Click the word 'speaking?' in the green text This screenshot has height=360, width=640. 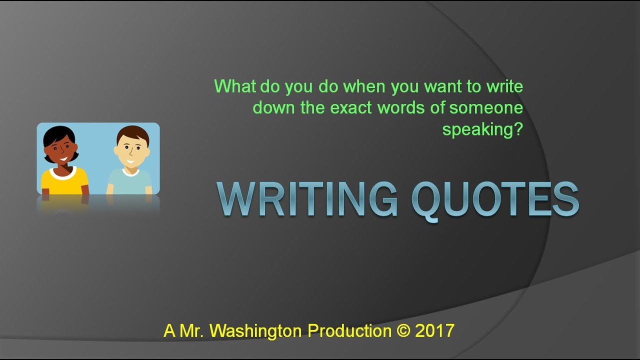(x=482, y=129)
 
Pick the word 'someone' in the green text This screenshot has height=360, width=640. (x=486, y=108)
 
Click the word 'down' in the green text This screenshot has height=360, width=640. (x=274, y=108)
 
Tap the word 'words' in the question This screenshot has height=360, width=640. (x=405, y=108)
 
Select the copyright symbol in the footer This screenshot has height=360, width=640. (x=403, y=331)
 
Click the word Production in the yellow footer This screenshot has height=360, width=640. (x=349, y=331)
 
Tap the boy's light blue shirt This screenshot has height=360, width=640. (x=129, y=182)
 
